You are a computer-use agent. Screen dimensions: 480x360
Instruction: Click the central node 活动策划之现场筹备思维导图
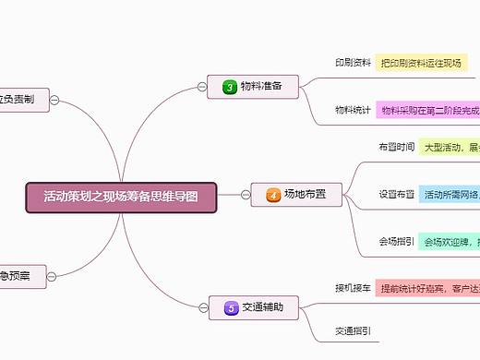pyautogui.click(x=121, y=196)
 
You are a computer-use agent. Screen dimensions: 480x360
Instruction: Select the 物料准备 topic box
pyautogui.click(x=253, y=87)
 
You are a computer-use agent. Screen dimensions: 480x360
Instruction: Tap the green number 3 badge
pyautogui.click(x=230, y=87)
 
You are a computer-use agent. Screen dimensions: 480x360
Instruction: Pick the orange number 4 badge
pyautogui.click(x=273, y=195)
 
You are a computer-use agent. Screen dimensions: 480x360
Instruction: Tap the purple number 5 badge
pyautogui.click(x=231, y=307)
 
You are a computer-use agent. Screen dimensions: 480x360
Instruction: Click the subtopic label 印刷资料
pyautogui.click(x=353, y=63)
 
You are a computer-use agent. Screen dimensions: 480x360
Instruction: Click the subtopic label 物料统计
pyautogui.click(x=353, y=110)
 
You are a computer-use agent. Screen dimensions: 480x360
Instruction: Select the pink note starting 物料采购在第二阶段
pyautogui.click(x=428, y=110)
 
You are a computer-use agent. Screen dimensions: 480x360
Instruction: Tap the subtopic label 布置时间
pyautogui.click(x=396, y=147)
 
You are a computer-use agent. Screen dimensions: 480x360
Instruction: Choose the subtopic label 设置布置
pyautogui.click(x=396, y=195)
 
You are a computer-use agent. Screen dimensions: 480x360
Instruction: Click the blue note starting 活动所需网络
pyautogui.click(x=450, y=195)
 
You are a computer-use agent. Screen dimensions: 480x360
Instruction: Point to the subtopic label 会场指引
pyautogui.click(x=396, y=242)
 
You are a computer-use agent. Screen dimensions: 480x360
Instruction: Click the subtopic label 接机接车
pyautogui.click(x=353, y=287)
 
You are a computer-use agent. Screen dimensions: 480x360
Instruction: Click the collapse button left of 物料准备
pyautogui.click(x=202, y=87)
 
